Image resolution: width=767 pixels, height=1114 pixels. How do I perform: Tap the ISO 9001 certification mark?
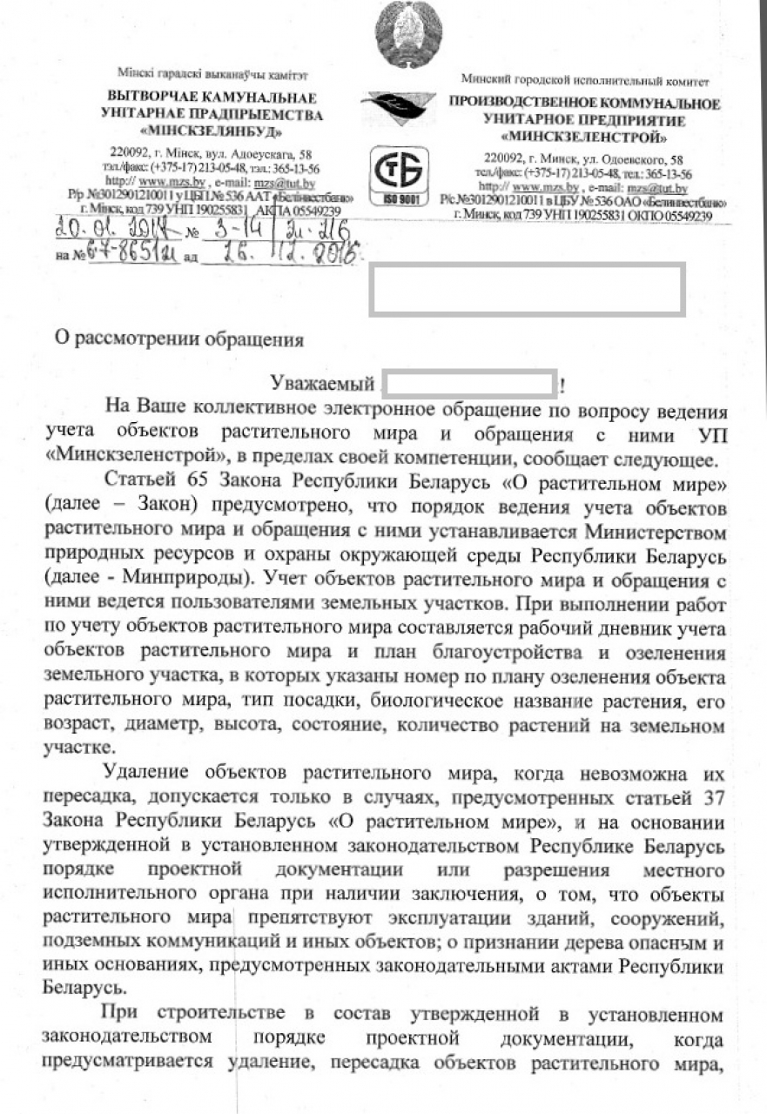(396, 177)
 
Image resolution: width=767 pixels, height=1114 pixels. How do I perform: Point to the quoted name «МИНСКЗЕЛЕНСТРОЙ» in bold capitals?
(584, 137)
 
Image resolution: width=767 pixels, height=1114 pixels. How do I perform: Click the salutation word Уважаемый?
(321, 383)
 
